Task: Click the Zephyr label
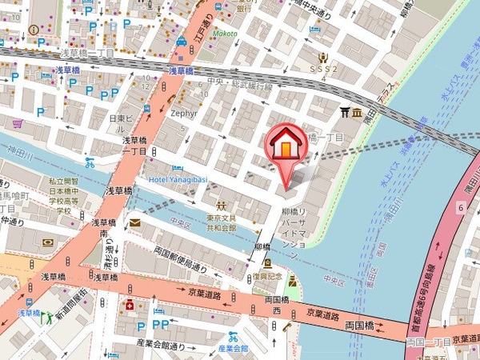[x=184, y=114]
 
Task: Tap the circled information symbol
[x=33, y=30]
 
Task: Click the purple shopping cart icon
[x=18, y=124]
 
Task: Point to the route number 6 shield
[x=461, y=207]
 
